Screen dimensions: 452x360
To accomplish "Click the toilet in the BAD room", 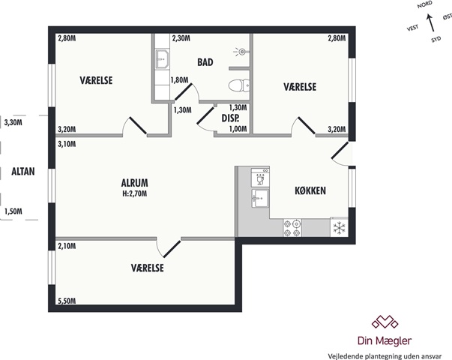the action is [x=239, y=85].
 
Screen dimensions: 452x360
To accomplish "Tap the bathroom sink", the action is [x=162, y=59].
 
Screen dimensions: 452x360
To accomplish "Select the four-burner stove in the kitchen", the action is [x=292, y=228].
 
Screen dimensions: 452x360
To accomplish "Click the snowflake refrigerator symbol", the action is [x=340, y=227].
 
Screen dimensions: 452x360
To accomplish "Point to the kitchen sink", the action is [x=260, y=198].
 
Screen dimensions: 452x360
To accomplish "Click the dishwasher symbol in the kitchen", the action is [x=260, y=178].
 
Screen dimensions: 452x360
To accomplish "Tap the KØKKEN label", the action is [x=310, y=190].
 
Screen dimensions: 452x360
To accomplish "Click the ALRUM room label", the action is [x=135, y=183].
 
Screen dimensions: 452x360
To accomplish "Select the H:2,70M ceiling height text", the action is [x=135, y=193].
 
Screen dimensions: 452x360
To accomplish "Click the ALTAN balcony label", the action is [x=23, y=171].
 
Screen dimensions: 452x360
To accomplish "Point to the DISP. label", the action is [x=231, y=118].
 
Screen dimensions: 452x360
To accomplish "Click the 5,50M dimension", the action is [x=67, y=301].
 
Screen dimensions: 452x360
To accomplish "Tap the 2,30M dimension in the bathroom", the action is [x=181, y=38].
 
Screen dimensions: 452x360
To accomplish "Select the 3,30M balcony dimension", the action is [x=13, y=123].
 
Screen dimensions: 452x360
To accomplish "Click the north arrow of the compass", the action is [x=430, y=22].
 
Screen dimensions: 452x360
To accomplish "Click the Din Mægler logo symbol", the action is [x=385, y=322].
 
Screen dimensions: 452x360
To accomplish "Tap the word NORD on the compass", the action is [x=425, y=4].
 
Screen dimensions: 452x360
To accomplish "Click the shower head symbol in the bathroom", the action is [x=241, y=52].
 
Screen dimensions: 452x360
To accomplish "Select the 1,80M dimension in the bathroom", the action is [x=179, y=80].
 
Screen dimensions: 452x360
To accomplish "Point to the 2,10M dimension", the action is [x=67, y=246].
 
